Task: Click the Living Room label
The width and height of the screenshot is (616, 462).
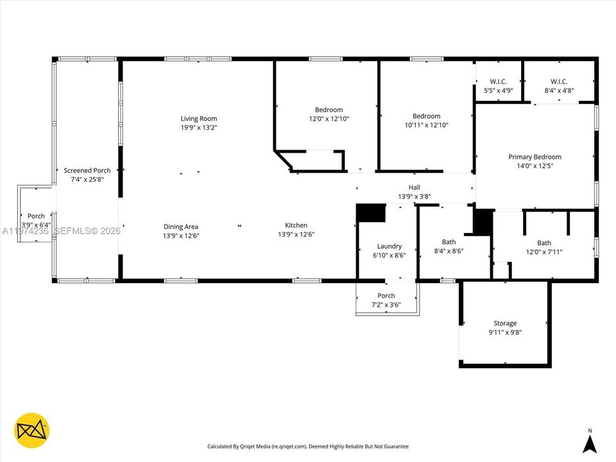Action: click(x=198, y=118)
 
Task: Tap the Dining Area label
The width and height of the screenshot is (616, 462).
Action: click(x=181, y=226)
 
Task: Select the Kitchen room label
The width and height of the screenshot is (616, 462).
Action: click(x=296, y=225)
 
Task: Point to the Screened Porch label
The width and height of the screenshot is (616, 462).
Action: click(x=87, y=170)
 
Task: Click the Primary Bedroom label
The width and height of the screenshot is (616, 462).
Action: click(x=535, y=157)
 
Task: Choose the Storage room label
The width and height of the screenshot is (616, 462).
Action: click(x=504, y=323)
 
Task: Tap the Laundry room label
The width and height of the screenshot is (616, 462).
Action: click(x=389, y=246)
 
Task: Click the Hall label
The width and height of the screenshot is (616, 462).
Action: click(x=414, y=187)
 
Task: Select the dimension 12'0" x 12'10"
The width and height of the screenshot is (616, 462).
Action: click(x=329, y=119)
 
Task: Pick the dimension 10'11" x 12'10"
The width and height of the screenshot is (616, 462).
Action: click(x=426, y=125)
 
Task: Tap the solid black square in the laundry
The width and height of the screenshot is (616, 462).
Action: click(x=370, y=213)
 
